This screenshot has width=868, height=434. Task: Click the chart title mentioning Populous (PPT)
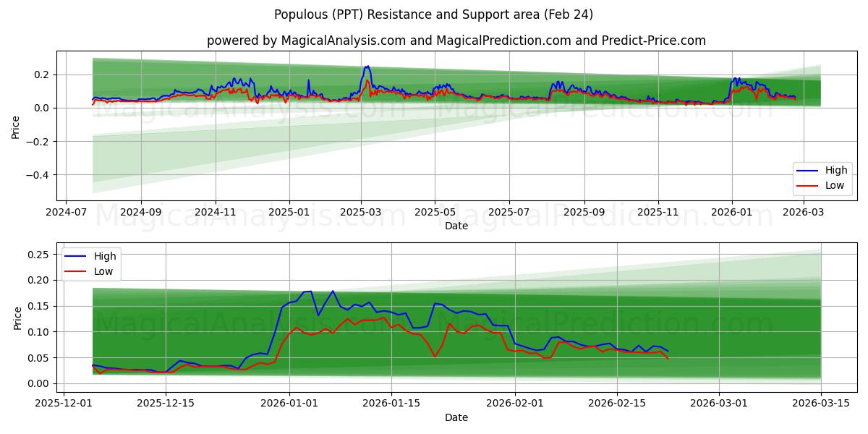point(433,14)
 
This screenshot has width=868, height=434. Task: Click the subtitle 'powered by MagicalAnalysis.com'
point(456,41)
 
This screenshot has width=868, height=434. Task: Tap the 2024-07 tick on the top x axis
point(67,213)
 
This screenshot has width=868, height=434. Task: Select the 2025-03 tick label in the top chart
point(361,213)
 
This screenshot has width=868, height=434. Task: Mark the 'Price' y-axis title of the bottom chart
point(18,318)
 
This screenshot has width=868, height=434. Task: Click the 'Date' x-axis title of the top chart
point(456,226)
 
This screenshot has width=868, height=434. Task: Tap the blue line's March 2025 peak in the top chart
point(367,67)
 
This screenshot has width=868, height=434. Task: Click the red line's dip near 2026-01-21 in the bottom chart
point(435,357)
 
